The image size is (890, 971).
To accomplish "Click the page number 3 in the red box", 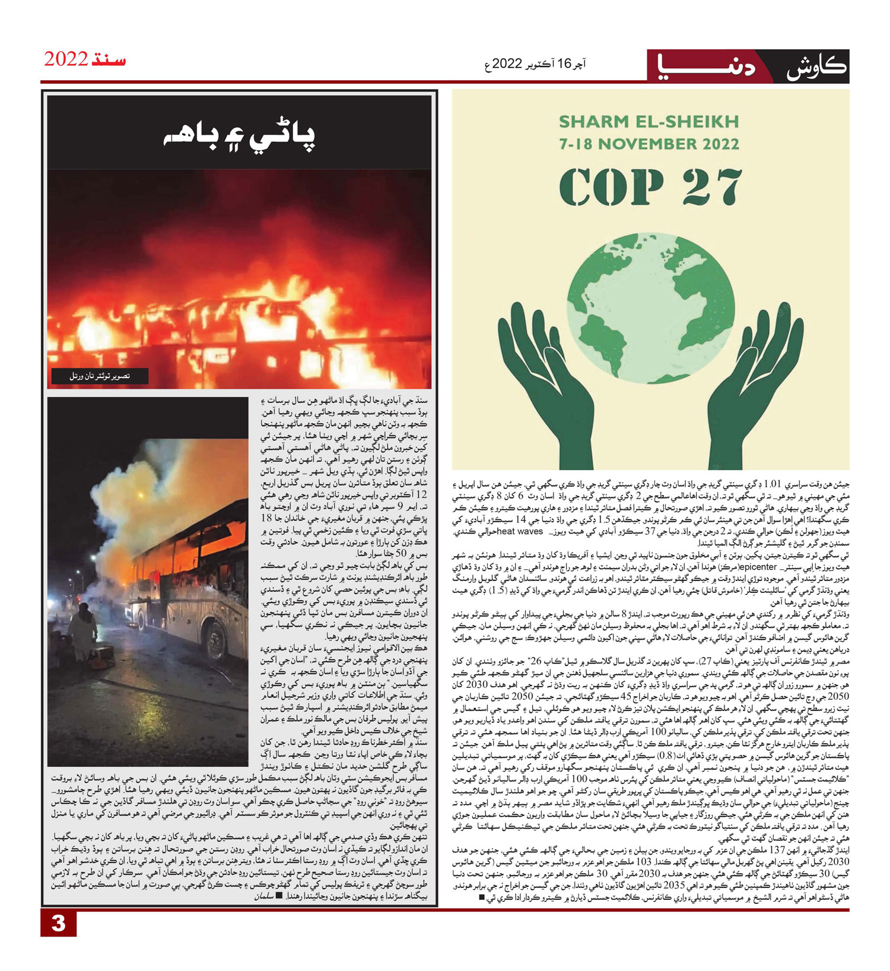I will click(58, 924).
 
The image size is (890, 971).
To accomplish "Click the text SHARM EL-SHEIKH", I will click(649, 122).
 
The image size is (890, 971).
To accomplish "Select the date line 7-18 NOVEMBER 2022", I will click(649, 144).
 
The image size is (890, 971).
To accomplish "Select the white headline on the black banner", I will click(240, 137).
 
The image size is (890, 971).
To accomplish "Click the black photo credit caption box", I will click(100, 376).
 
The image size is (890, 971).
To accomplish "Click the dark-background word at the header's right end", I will click(816, 66).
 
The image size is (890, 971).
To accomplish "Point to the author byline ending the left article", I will click(265, 896).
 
